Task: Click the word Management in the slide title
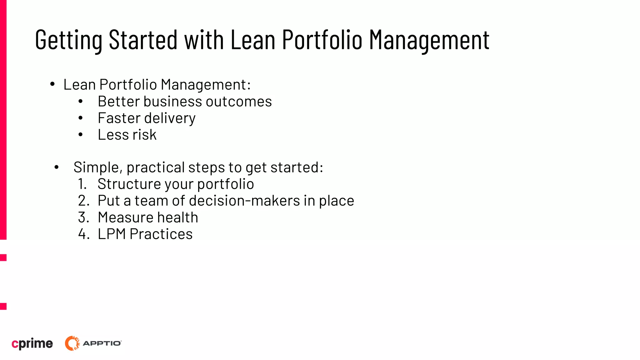coord(429,40)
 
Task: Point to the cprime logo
coord(32,343)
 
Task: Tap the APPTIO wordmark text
coord(102,343)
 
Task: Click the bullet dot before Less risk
coord(81,135)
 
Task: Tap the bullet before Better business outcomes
coord(81,101)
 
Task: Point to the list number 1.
coord(82,184)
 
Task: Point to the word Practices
coord(161,234)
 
